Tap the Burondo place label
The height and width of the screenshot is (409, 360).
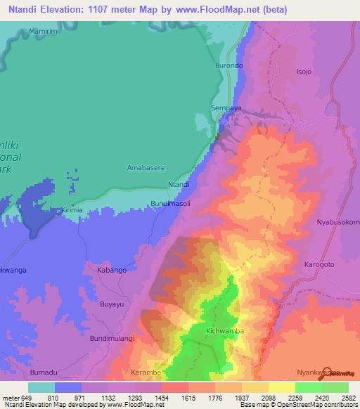click(x=229, y=65)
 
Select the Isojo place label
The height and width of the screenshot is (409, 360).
click(x=303, y=72)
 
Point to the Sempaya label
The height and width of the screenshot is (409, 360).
click(x=226, y=109)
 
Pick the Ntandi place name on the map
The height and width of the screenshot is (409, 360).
click(x=179, y=184)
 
